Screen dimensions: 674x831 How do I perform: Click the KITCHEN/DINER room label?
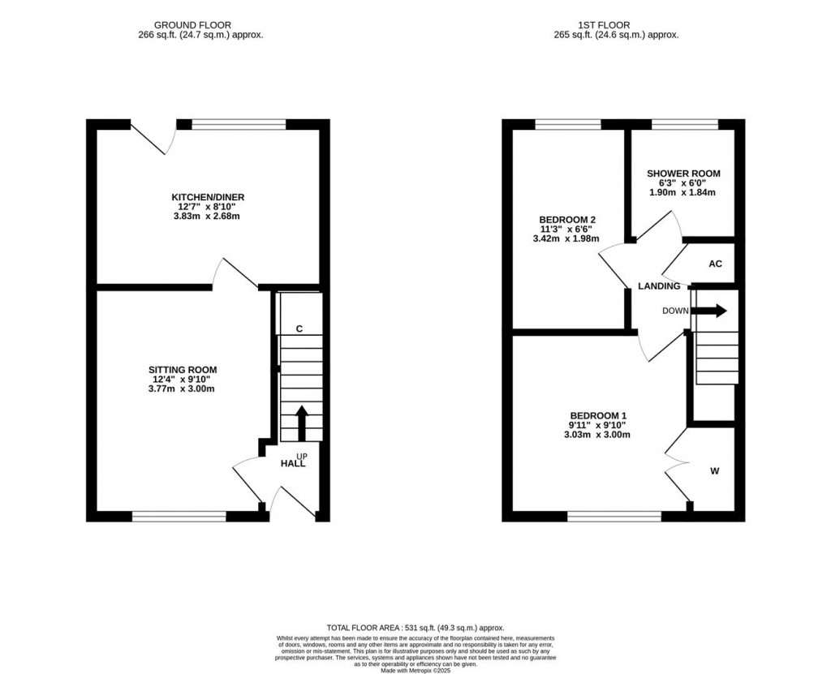[208, 197]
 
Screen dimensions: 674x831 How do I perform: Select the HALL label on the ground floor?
[293, 463]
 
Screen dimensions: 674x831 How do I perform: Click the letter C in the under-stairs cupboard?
[299, 328]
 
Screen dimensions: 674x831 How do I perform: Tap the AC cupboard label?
[715, 264]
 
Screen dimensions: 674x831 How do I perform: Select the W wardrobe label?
[714, 470]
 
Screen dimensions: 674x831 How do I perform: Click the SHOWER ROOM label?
[683, 174]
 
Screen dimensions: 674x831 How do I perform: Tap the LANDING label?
[659, 286]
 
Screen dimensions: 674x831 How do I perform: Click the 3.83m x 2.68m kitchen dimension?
[208, 218]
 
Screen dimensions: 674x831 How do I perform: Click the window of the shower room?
[684, 124]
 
